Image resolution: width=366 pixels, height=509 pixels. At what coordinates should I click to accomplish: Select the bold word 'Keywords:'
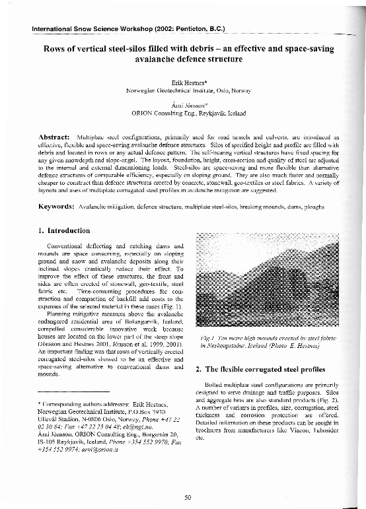(54, 207)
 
